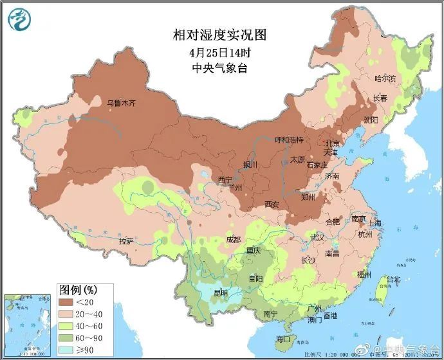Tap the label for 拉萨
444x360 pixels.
[x=126, y=241]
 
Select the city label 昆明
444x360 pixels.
[x=221, y=293]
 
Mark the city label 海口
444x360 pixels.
[x=283, y=338]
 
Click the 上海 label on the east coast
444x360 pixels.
[x=374, y=223]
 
